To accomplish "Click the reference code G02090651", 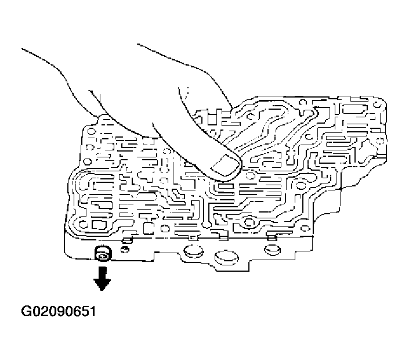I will [x=58, y=311].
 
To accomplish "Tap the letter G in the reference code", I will [x=26, y=311].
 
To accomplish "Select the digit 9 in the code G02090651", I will [x=59, y=311].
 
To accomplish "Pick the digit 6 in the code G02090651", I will [x=75, y=311].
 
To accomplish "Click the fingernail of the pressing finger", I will [x=224, y=167].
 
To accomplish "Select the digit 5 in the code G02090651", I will [x=83, y=311].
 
